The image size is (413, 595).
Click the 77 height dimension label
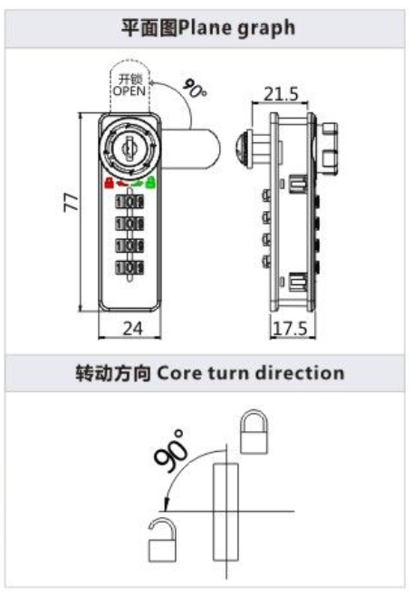point(72,202)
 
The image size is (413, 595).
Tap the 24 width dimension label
point(132,328)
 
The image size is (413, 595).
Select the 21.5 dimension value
point(281,93)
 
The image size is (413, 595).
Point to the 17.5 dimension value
point(290,329)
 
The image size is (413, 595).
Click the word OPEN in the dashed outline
point(129,91)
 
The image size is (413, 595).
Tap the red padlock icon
point(109,183)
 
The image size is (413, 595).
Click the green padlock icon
point(150,183)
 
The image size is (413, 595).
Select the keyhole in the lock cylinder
point(129,149)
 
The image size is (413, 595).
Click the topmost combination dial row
point(130,201)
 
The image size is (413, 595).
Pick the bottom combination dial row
point(130,267)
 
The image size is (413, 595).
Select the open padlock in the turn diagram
point(162,541)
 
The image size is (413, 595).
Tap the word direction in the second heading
point(301,372)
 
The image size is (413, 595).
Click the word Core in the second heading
point(178,373)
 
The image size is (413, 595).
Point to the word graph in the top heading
point(266,29)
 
